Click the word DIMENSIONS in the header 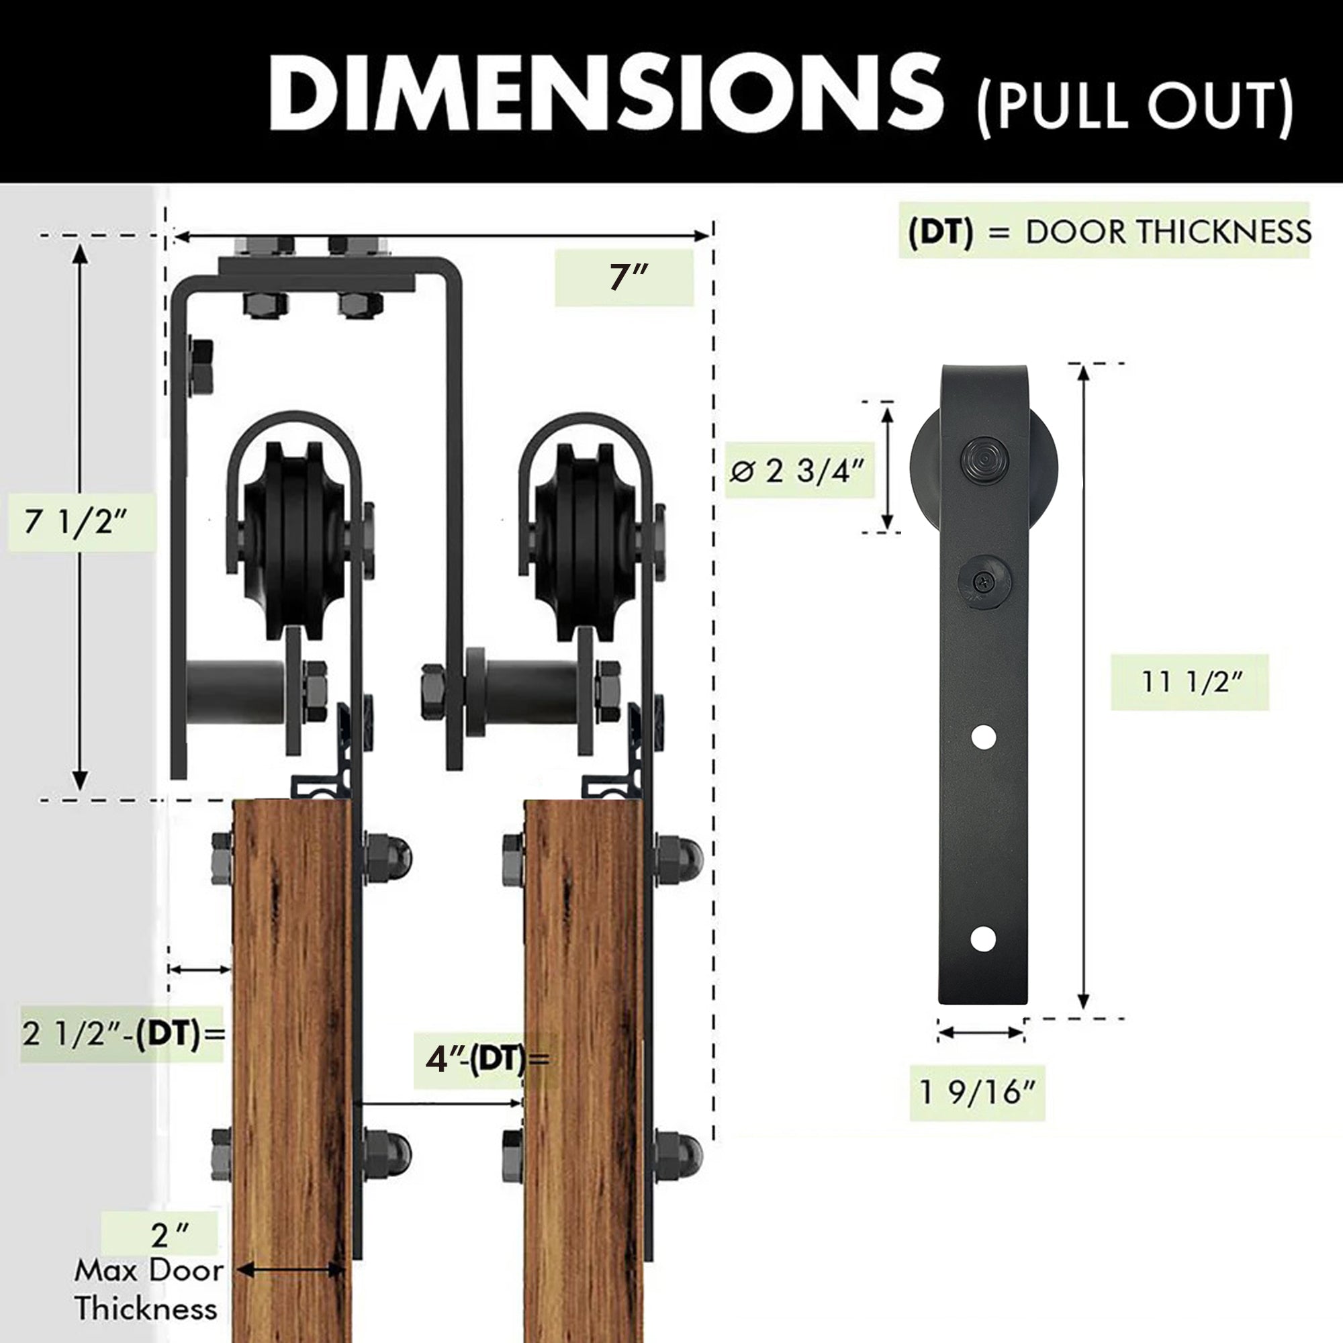[x=606, y=93]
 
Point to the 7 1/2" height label [x=77, y=521]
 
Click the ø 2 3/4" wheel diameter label [x=797, y=471]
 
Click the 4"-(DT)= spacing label [x=487, y=1060]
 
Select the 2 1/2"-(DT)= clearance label [x=124, y=1033]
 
